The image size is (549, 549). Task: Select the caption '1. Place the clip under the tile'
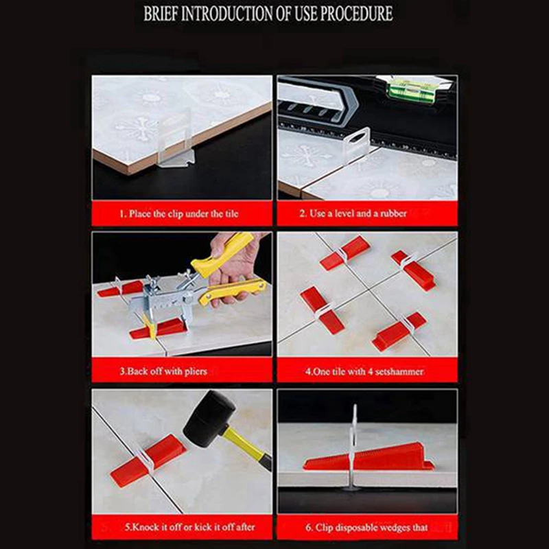click(x=179, y=213)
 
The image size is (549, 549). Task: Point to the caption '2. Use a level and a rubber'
click(x=353, y=213)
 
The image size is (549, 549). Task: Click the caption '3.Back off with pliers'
click(x=163, y=371)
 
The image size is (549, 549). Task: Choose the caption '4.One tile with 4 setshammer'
click(x=364, y=371)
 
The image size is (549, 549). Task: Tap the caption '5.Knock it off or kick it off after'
click(x=190, y=527)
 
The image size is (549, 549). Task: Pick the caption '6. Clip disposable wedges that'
click(x=366, y=527)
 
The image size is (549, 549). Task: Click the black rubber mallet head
click(x=209, y=419)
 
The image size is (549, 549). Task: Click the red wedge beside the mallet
click(x=148, y=460)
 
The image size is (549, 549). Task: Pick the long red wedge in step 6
click(x=369, y=456)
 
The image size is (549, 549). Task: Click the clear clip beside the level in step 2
click(x=356, y=143)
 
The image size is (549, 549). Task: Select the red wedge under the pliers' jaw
click(x=159, y=329)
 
